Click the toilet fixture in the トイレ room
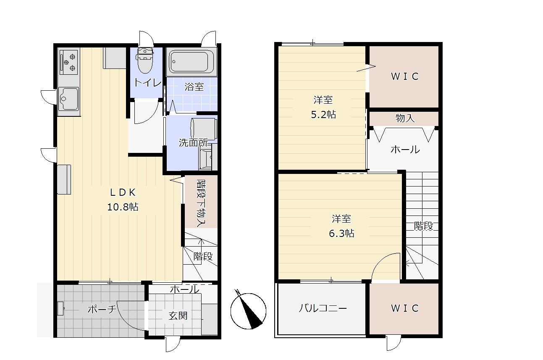(x=145, y=60)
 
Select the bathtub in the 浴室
(x=191, y=62)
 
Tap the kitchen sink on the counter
(x=68, y=99)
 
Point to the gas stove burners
(x=69, y=63)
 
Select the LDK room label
(x=123, y=192)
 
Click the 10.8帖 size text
(x=123, y=207)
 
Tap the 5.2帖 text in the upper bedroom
(x=323, y=114)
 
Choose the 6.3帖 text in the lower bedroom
(x=341, y=233)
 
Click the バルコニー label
(x=323, y=308)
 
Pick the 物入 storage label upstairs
(x=405, y=118)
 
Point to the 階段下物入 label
(x=201, y=203)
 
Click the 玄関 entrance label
(x=178, y=315)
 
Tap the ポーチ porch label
(x=102, y=309)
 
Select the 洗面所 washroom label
(x=193, y=142)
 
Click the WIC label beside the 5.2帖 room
(x=405, y=76)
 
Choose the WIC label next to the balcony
(x=405, y=308)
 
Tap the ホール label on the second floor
(x=405, y=150)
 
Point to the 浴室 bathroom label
(x=194, y=87)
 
